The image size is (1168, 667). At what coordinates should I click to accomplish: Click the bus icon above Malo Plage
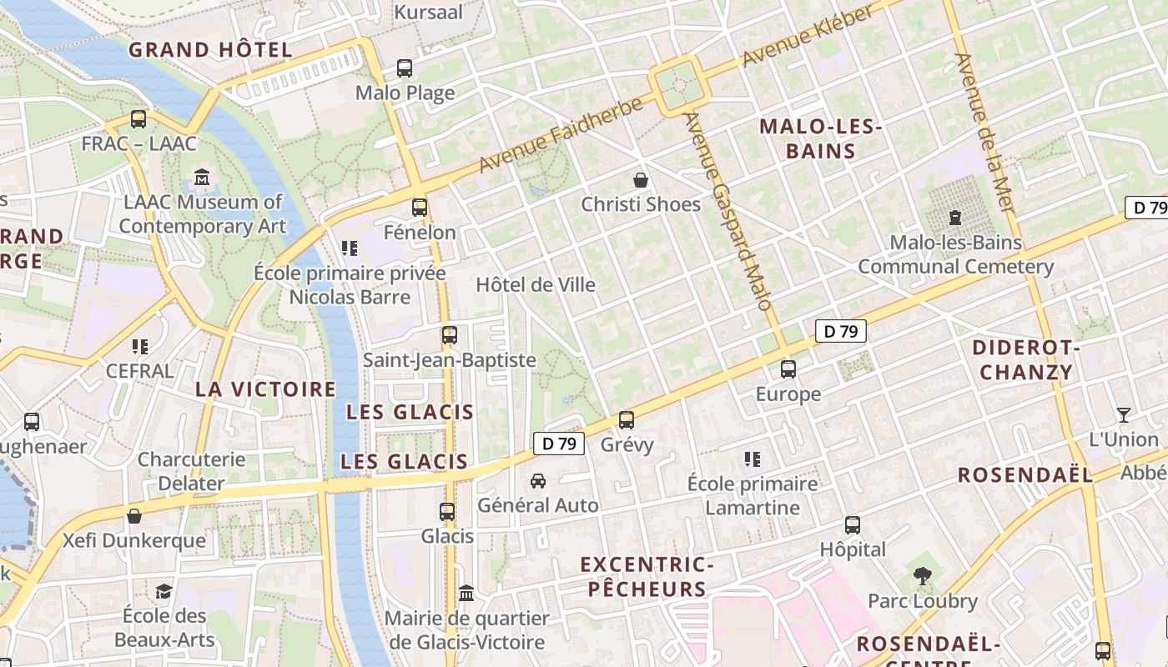click(x=405, y=68)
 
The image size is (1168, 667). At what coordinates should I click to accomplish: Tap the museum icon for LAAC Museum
click(x=202, y=178)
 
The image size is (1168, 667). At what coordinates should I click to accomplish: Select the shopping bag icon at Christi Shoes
click(x=641, y=180)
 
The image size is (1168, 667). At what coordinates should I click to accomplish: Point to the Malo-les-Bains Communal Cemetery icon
click(x=955, y=218)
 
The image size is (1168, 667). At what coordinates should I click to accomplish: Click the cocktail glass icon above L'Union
click(x=1124, y=414)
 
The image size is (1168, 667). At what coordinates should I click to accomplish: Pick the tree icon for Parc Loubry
click(x=922, y=575)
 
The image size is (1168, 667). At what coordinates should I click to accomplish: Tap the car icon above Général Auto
click(x=538, y=481)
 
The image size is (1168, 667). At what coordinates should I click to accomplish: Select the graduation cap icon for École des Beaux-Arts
click(x=164, y=591)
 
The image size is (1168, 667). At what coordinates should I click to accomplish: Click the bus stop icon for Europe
click(x=788, y=369)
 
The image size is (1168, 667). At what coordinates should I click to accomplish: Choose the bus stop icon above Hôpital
click(x=852, y=525)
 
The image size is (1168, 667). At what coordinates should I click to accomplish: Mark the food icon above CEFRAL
click(x=140, y=346)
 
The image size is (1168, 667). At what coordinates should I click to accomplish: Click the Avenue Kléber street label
click(x=808, y=37)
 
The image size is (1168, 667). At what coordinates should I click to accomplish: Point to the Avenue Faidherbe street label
click(x=561, y=134)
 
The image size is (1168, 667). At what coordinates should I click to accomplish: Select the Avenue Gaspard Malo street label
click(x=727, y=211)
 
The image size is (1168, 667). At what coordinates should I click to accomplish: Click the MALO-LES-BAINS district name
click(x=820, y=139)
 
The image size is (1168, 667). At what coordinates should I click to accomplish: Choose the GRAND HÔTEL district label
click(x=210, y=50)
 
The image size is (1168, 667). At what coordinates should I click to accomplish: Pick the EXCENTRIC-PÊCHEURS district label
click(x=647, y=577)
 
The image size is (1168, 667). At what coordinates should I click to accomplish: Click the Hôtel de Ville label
click(x=536, y=285)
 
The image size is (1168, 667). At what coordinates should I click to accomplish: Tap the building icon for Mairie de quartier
click(x=466, y=594)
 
